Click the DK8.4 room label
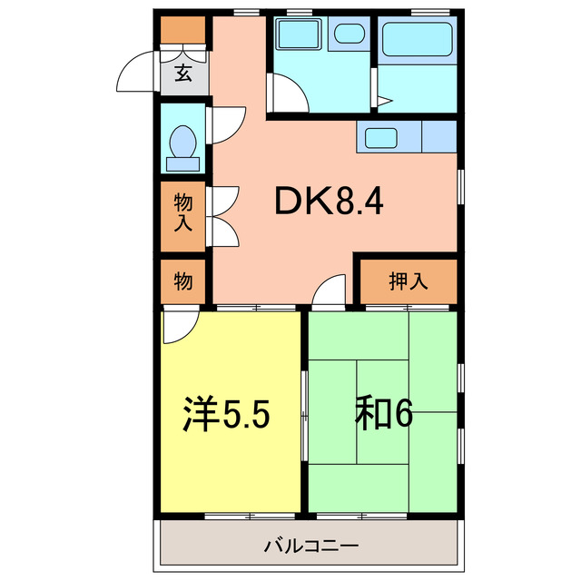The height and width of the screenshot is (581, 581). pyautogui.click(x=329, y=202)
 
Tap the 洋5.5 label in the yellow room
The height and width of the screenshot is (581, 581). pyautogui.click(x=227, y=414)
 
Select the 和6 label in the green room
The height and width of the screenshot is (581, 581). pyautogui.click(x=383, y=414)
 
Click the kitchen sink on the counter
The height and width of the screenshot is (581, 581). pyautogui.click(x=379, y=139)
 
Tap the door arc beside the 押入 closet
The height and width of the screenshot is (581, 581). pyautogui.click(x=331, y=290)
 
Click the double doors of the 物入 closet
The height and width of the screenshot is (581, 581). pyautogui.click(x=222, y=216)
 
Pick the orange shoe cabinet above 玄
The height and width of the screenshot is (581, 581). pyautogui.click(x=183, y=31)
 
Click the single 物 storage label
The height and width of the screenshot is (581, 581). pyautogui.click(x=183, y=281)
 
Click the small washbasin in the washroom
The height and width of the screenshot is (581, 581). pyautogui.click(x=348, y=35)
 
